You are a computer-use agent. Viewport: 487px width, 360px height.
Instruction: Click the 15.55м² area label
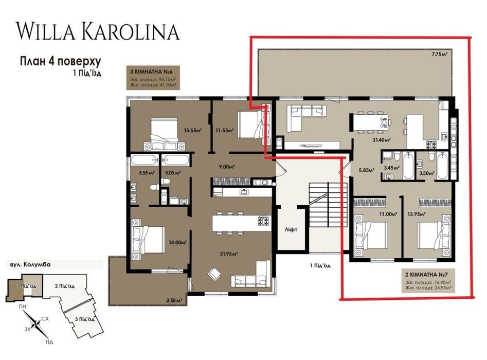click(192, 131)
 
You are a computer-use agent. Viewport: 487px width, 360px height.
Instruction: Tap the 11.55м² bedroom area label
click(225, 131)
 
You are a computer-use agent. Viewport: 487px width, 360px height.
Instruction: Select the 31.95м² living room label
click(229, 254)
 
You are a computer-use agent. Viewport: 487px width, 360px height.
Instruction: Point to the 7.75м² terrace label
click(439, 54)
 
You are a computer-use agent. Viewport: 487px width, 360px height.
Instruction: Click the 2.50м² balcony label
click(174, 300)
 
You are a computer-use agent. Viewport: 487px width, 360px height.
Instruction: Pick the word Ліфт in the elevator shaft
click(291, 230)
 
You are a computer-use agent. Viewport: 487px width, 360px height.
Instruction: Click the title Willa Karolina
click(98, 31)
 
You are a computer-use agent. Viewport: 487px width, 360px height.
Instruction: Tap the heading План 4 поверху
click(61, 61)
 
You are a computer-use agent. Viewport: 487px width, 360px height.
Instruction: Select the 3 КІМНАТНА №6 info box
click(153, 78)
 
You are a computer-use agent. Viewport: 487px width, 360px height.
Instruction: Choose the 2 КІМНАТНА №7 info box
click(428, 280)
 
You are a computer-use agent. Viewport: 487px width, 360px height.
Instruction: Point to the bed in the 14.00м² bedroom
click(148, 239)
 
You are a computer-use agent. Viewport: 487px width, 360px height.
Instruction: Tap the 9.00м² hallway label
click(226, 167)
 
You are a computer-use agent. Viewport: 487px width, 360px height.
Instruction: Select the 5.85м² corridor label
click(367, 170)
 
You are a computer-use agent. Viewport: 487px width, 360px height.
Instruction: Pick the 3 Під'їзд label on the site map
click(85, 319)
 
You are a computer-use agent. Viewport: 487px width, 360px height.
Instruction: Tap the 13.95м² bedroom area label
click(416, 214)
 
